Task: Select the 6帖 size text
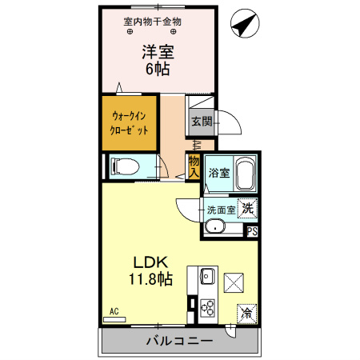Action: click(x=158, y=70)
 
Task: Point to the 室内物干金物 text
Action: click(x=152, y=22)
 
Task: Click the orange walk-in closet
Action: click(x=129, y=122)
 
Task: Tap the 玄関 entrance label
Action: click(x=201, y=122)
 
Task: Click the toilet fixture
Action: click(x=124, y=166)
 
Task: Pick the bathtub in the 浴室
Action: click(x=246, y=172)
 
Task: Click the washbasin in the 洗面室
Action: click(x=214, y=227)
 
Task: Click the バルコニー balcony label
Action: click(x=178, y=342)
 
